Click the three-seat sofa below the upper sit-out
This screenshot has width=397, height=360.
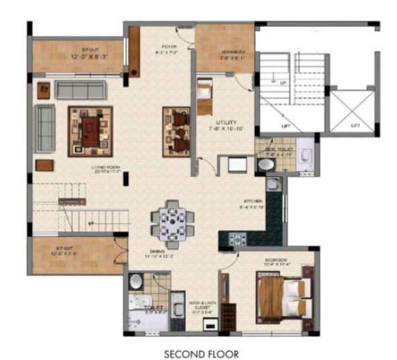[x=80, y=89]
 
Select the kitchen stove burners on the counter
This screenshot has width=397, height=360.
[x=237, y=240]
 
